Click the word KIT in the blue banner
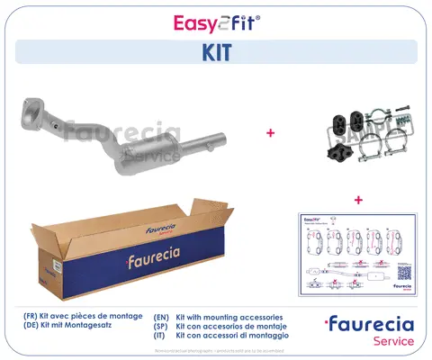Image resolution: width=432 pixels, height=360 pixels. tap(216, 53)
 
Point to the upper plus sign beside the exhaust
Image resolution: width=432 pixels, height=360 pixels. tap(271, 133)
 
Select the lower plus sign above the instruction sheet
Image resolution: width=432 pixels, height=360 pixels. tap(357, 199)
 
